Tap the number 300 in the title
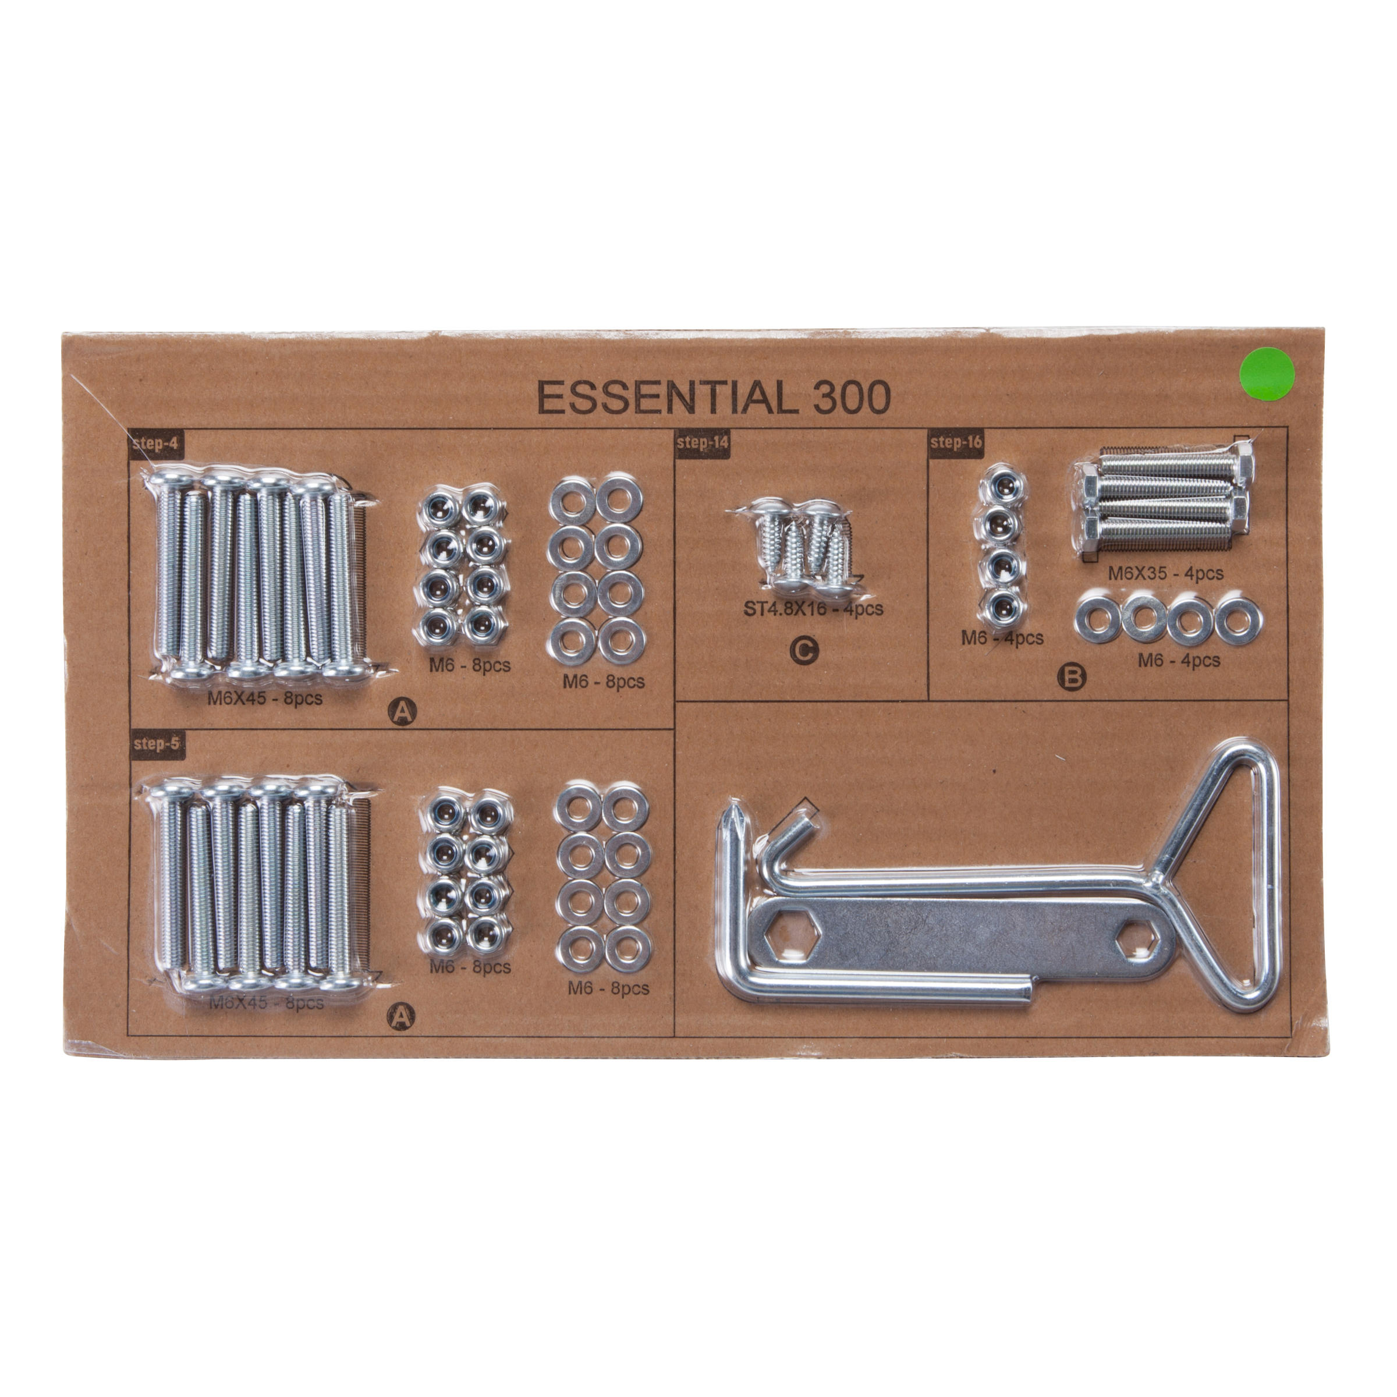tap(852, 398)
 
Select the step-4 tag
tap(155, 442)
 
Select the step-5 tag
tap(156, 743)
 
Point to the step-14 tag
tap(701, 442)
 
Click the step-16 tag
tap(956, 442)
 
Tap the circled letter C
tap(803, 650)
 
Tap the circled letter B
tap(1072, 677)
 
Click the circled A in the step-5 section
tap(401, 1017)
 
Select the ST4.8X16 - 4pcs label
tap(814, 609)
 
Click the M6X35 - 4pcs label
tap(1165, 573)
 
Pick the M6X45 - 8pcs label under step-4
tap(265, 698)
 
